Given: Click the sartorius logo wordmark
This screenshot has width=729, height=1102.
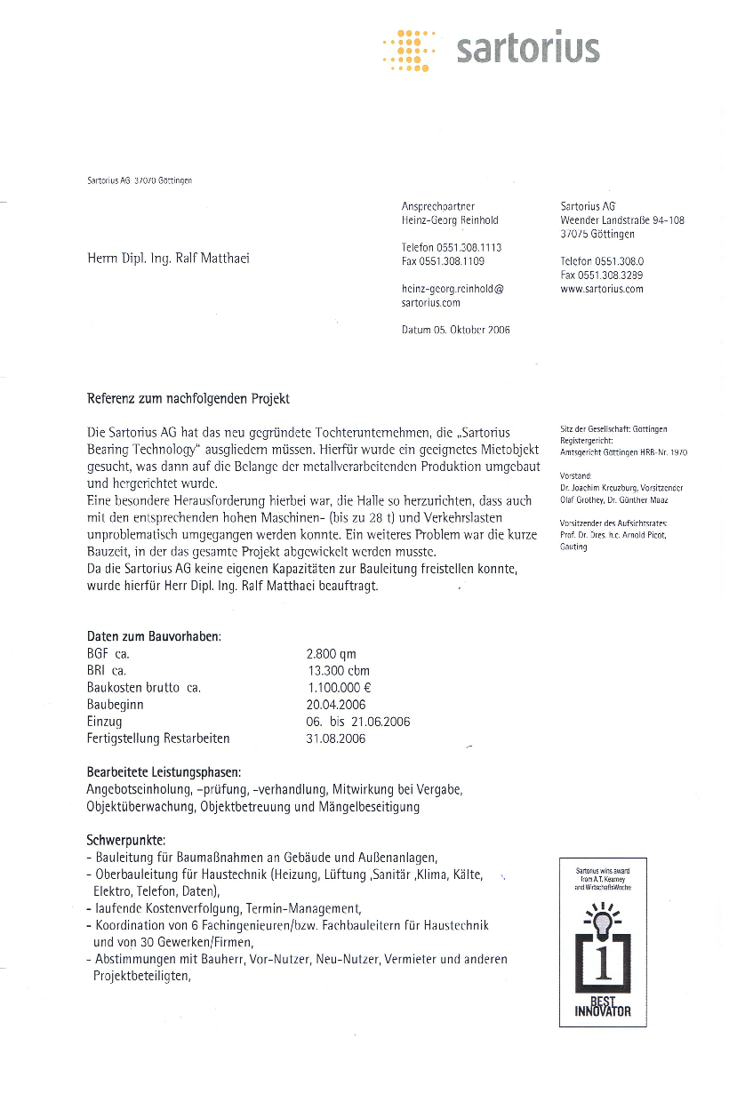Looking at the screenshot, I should [527, 49].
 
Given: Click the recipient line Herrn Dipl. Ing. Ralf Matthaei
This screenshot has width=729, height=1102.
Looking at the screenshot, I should [168, 259].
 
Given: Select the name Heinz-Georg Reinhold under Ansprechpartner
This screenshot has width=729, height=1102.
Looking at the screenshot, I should [450, 220].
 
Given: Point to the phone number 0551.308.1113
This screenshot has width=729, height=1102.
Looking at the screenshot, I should [452, 248].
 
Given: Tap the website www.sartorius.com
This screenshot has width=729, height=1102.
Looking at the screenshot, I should [601, 289].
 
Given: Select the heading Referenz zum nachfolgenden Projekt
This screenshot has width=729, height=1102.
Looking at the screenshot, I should [188, 398].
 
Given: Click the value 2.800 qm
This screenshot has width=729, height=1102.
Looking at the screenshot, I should [331, 654].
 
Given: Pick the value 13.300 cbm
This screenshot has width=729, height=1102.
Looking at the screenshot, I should [337, 671].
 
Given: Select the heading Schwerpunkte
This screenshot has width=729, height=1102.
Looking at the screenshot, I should [126, 840].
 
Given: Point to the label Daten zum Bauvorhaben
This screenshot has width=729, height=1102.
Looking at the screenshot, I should [154, 636].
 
